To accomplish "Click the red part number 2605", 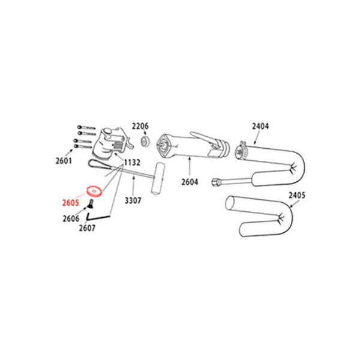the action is [x=70, y=203].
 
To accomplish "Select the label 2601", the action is [x=64, y=161].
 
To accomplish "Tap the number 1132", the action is [x=132, y=163].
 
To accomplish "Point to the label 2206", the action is [x=140, y=126].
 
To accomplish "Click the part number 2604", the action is [x=190, y=182].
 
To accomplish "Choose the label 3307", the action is [x=133, y=200].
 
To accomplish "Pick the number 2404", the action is [x=260, y=126].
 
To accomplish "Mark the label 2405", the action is [x=297, y=196].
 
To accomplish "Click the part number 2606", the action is [x=71, y=218].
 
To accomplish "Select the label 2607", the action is [x=87, y=228].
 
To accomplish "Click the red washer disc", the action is [x=94, y=191].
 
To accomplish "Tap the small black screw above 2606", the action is [x=91, y=203].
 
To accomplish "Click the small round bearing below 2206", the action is [x=145, y=141].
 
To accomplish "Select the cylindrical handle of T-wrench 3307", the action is [x=157, y=179].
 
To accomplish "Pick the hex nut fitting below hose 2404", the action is [x=215, y=182].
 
